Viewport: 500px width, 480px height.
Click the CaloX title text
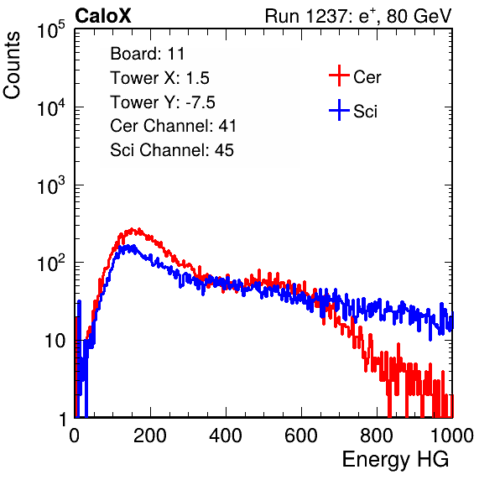click(103, 16)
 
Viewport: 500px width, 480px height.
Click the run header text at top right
click(358, 16)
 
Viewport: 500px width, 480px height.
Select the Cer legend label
click(367, 77)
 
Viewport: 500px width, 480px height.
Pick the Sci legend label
click(365, 112)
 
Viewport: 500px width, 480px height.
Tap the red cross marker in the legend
click(339, 76)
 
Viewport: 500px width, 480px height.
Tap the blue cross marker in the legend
click(339, 110)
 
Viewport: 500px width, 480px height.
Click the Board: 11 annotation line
click(148, 54)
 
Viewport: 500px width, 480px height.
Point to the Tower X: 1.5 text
click(159, 78)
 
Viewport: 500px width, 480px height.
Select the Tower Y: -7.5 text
click(163, 102)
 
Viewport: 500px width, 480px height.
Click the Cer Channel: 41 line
click(173, 126)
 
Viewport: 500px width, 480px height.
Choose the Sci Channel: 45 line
click(172, 150)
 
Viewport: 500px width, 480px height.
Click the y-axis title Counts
click(12, 65)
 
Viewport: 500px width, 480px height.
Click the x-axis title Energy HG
click(395, 460)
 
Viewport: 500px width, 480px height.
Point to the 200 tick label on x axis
click(150, 436)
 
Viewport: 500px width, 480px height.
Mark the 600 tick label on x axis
click(301, 436)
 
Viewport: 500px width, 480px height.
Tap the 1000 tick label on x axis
click(452, 436)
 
